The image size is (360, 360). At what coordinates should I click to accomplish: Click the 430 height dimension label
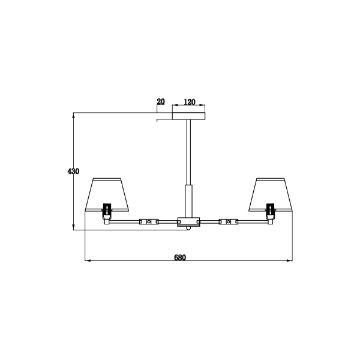[73, 172]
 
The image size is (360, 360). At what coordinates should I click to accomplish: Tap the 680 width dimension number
[180, 257]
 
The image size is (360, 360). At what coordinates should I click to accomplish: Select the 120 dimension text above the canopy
[189, 102]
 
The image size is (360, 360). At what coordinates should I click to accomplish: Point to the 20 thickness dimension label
[160, 102]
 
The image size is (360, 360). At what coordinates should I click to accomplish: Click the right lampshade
[271, 193]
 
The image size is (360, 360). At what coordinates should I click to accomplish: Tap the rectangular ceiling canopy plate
[189, 113]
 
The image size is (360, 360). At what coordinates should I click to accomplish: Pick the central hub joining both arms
[189, 221]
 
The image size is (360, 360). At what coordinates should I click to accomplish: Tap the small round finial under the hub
[189, 229]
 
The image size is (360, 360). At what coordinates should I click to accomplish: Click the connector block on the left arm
[149, 221]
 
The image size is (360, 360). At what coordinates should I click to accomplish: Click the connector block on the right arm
[229, 221]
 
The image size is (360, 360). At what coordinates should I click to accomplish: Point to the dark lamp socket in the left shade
[107, 210]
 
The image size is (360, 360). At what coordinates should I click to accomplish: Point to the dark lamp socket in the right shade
[271, 210]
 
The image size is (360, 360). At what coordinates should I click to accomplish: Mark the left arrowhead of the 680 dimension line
[88, 261]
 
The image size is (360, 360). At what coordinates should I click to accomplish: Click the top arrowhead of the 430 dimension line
[73, 115]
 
